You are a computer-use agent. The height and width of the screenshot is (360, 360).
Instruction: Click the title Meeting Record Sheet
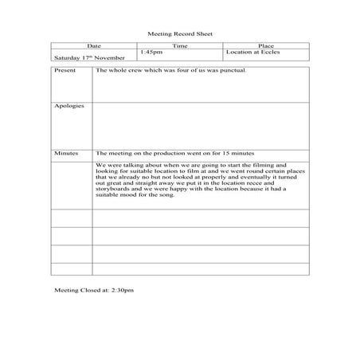180,34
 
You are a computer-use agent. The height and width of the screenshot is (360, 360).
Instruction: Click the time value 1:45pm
151,53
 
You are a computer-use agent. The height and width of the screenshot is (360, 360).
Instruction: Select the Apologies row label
68,105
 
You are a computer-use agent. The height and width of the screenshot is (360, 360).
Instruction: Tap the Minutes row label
66,151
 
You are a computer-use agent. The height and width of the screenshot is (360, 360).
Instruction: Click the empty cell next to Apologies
199,123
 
